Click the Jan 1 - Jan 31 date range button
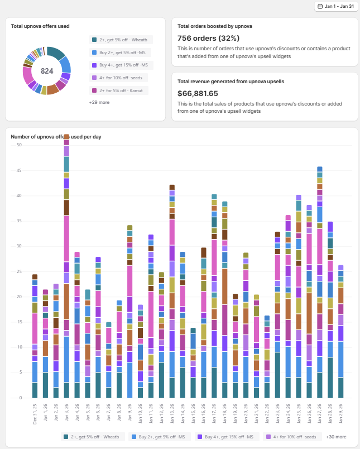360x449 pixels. [x=335, y=6]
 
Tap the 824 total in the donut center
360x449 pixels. [x=47, y=71]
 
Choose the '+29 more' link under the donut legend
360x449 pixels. [x=99, y=103]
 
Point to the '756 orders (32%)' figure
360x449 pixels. [x=208, y=38]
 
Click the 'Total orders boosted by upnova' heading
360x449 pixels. [x=215, y=26]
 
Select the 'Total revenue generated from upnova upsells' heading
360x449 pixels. [x=231, y=82]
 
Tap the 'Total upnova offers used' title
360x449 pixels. [x=40, y=26]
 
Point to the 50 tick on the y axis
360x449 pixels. [x=19, y=145]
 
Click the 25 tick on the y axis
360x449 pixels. [x=19, y=271]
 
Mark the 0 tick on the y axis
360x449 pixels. [x=20, y=398]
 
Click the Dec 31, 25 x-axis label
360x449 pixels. [x=35, y=414]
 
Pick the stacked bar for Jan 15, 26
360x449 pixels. [x=193, y=363]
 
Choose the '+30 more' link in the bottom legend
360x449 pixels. [x=337, y=437]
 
